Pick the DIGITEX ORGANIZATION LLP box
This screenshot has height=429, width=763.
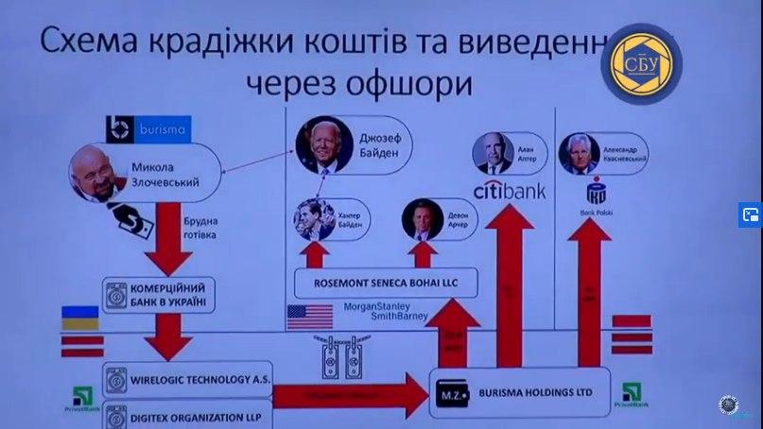(x=179, y=416)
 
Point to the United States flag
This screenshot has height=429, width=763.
(x=311, y=317)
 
